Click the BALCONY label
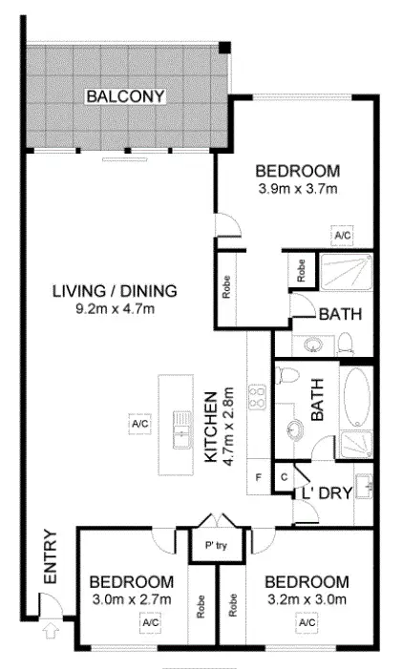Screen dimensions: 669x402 (x=126, y=95)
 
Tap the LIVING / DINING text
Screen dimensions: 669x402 (x=116, y=291)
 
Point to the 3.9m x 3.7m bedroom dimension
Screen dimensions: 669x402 (x=298, y=188)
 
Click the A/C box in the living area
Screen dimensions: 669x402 (x=139, y=423)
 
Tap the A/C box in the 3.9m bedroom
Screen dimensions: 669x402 (x=342, y=234)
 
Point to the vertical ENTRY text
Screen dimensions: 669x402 (x=50, y=557)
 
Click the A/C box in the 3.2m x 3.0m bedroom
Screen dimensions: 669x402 (x=307, y=622)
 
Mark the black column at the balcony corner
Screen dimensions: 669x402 (x=223, y=48)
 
